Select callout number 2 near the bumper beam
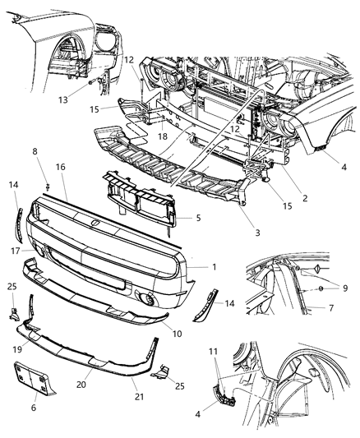point(281,197)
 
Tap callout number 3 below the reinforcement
point(257,233)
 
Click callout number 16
point(61,167)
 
